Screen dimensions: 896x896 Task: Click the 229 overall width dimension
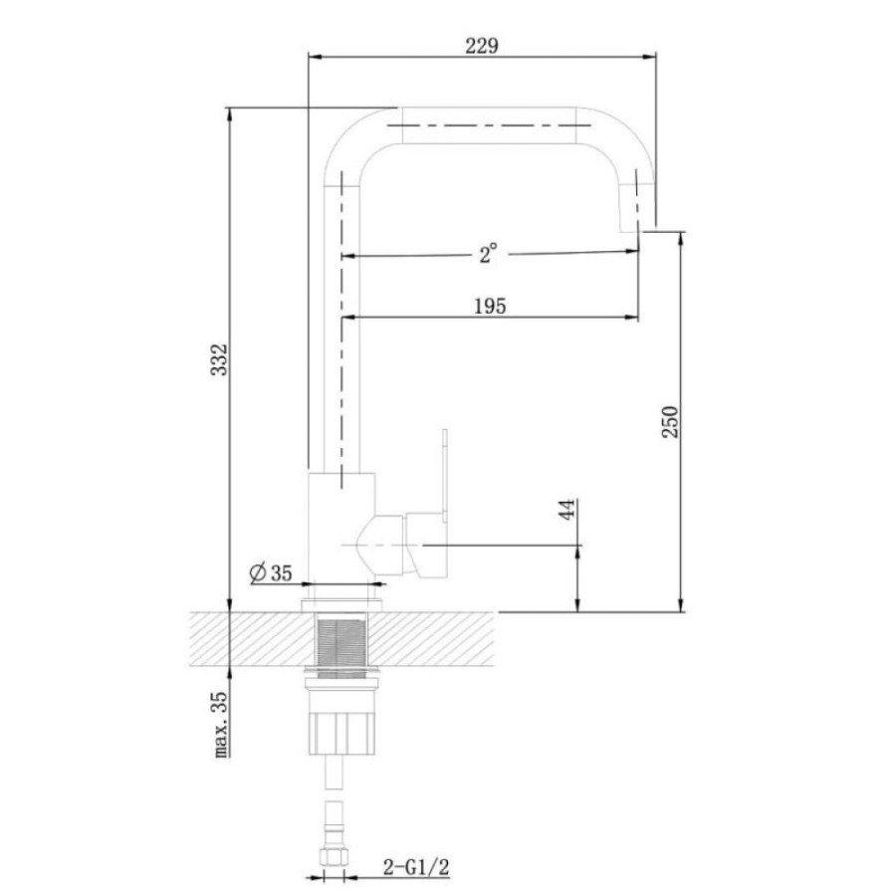482,46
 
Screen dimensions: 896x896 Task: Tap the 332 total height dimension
219,359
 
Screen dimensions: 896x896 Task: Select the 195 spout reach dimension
490,307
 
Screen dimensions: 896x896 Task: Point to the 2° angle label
488,253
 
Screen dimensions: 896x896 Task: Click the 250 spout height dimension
670,422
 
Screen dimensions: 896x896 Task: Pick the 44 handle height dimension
566,509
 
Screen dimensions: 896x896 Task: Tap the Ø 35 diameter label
271,572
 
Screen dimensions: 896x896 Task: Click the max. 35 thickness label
221,725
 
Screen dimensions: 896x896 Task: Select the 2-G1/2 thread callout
416,867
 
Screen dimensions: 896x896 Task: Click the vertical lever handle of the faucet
445,474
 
